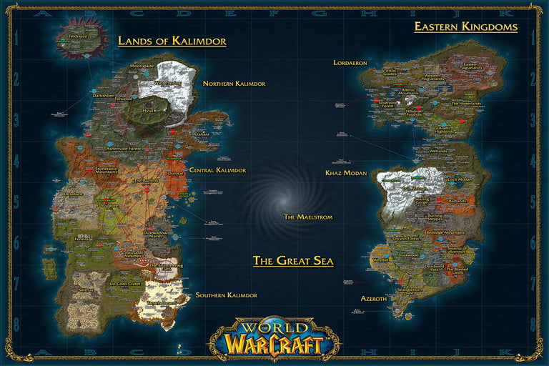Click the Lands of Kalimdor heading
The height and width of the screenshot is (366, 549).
(172, 41)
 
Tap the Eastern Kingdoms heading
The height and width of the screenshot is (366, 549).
(465, 27)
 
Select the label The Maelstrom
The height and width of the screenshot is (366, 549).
(308, 217)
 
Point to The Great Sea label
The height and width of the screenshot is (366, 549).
(293, 261)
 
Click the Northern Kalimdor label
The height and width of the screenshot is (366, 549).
(234, 84)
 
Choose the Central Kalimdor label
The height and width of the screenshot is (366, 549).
(217, 170)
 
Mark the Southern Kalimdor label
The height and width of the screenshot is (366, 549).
(227, 295)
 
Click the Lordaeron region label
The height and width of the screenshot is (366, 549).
(350, 63)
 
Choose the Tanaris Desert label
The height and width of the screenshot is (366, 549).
(161, 303)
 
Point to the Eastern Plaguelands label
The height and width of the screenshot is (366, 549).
(470, 67)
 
